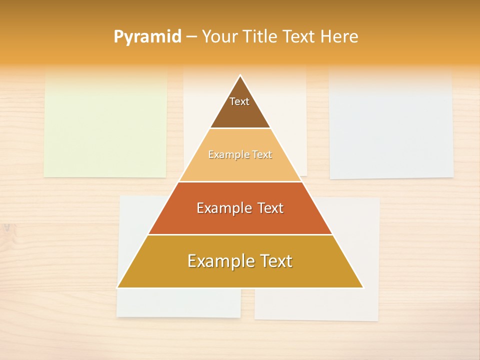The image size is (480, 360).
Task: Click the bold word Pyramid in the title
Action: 147,37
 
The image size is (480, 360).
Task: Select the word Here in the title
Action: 339,36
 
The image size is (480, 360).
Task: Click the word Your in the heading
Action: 219,36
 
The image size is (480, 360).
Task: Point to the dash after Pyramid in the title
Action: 191,37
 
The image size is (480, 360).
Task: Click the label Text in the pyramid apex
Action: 239,101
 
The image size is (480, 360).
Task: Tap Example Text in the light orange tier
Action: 240,154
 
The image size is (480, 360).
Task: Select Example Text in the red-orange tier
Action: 240,208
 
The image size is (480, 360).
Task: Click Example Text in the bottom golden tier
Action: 240,261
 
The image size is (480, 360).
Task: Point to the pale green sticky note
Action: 105,125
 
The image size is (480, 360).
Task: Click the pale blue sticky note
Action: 391,125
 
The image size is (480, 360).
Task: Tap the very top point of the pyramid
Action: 240,75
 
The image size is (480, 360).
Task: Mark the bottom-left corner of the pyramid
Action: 118,287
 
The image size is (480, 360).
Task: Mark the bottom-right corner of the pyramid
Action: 363,287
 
